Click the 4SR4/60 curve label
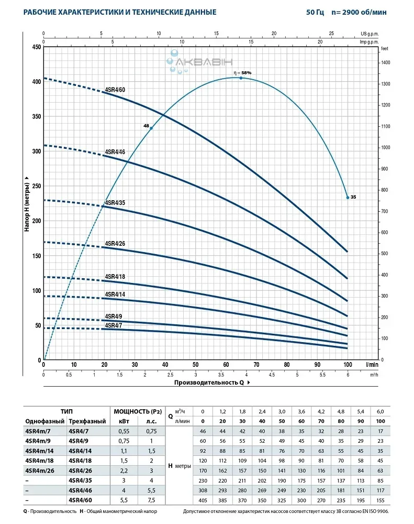click(115, 90)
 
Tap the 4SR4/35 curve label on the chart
click(115, 202)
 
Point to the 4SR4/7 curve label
click(114, 325)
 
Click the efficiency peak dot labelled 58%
click(241, 78)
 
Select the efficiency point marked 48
click(151, 128)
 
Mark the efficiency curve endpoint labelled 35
click(348, 197)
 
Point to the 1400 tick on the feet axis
click(386, 62)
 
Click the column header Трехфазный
click(87, 421)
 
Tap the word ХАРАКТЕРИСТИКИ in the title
click(93, 12)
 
